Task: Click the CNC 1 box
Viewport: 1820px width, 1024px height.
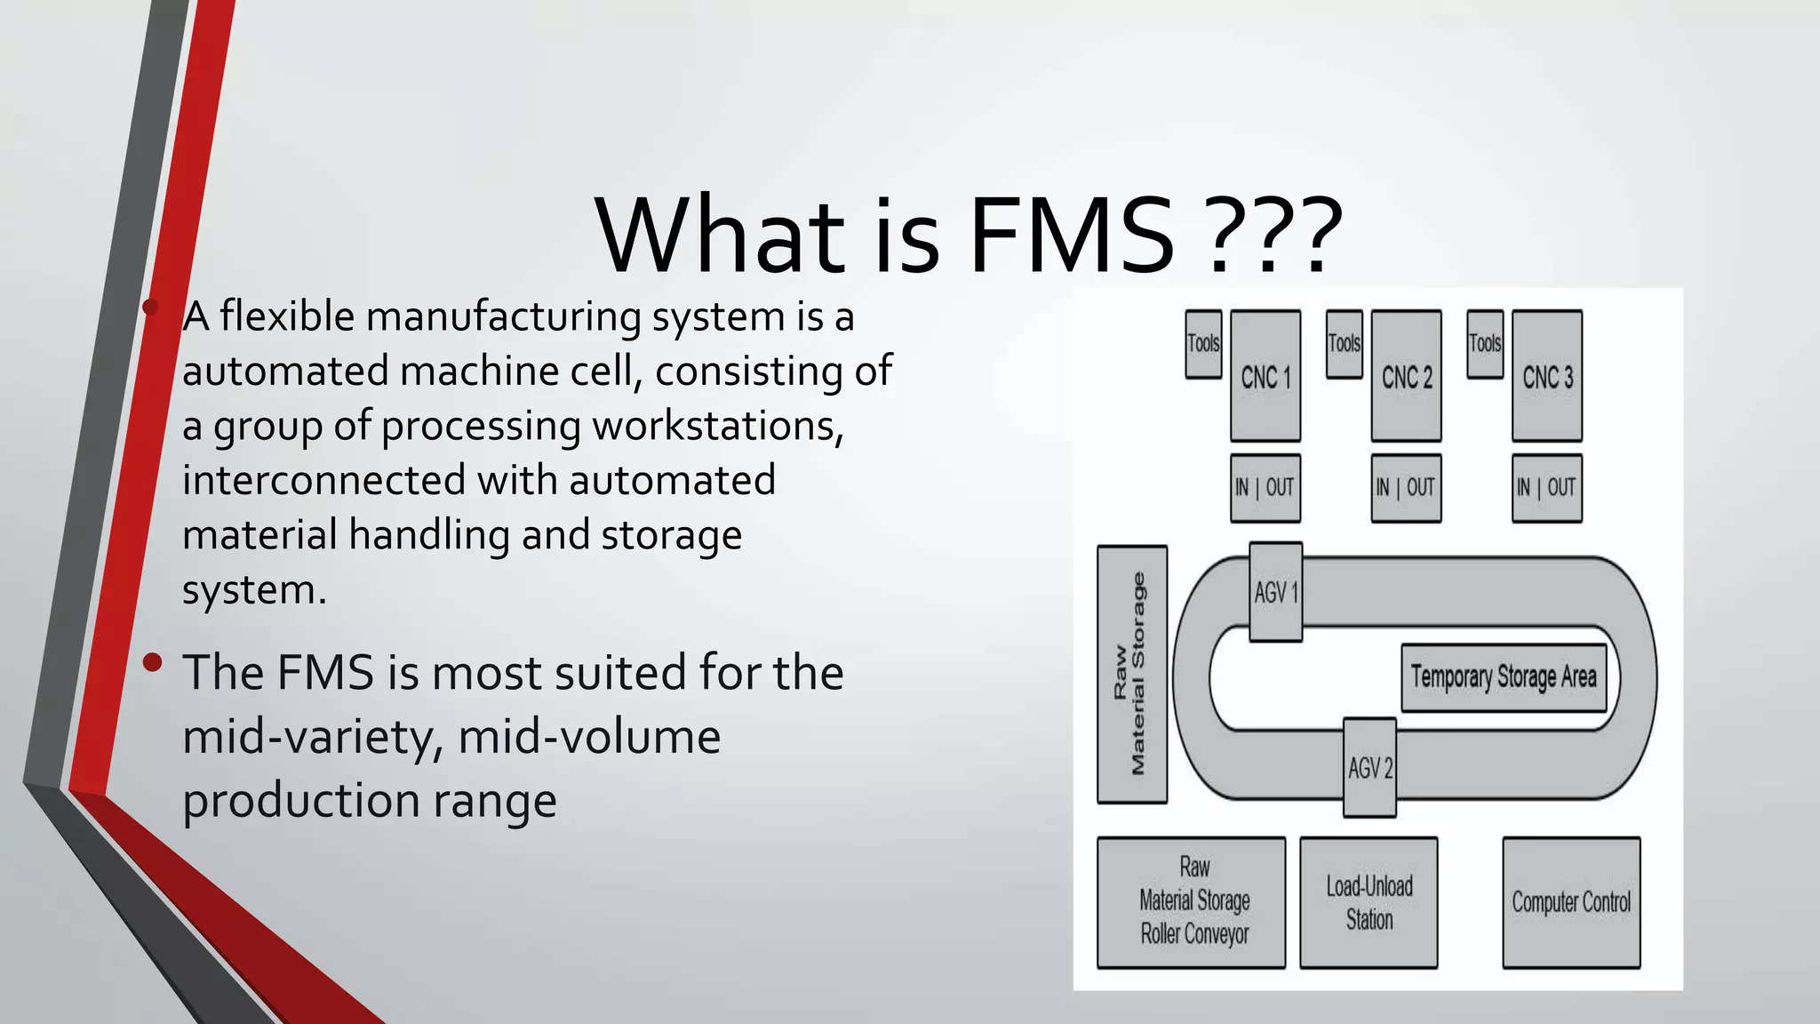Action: [1265, 376]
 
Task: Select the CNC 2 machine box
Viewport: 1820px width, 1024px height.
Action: [1406, 376]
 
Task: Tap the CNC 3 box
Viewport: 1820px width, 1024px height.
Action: [1547, 376]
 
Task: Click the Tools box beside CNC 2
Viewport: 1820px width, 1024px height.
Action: [1344, 344]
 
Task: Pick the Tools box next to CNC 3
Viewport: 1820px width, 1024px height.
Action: [1485, 344]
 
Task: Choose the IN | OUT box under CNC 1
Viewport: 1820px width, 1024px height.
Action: [1265, 487]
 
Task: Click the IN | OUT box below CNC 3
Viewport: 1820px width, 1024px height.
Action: [1547, 487]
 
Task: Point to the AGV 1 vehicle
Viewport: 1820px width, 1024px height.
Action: [1276, 592]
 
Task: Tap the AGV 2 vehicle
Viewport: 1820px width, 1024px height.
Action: [1369, 768]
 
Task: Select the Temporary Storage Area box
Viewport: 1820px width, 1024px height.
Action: [1504, 677]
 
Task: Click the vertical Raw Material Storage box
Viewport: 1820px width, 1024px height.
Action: [1132, 674]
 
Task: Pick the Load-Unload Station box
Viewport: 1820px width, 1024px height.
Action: [1369, 902]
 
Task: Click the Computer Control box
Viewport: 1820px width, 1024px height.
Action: [1571, 902]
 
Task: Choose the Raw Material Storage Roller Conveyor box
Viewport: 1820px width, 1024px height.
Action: [1192, 902]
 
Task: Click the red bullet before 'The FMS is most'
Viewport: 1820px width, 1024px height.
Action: [153, 662]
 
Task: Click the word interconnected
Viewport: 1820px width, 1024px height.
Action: [324, 481]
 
